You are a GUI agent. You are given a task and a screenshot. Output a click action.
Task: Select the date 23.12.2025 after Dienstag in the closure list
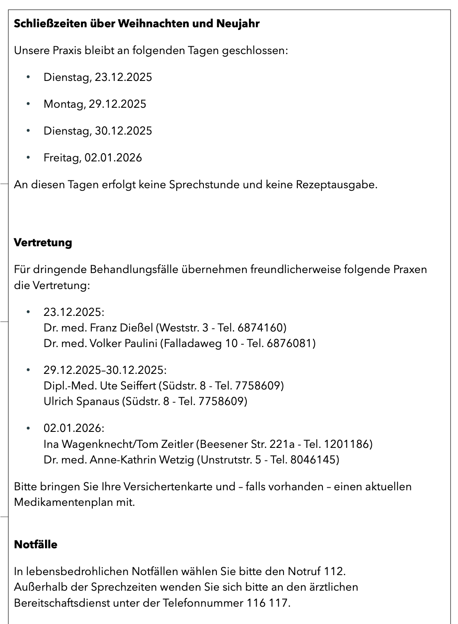123,77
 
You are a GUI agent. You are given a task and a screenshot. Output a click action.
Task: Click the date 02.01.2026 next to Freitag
113,158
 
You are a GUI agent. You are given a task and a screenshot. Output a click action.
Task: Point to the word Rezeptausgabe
336,185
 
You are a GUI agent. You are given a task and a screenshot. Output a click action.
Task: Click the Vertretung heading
43,242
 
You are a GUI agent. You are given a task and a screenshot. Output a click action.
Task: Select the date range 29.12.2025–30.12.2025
105,370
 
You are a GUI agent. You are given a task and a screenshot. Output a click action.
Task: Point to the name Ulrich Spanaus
81,402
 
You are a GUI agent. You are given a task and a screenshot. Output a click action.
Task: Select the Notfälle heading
35,544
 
